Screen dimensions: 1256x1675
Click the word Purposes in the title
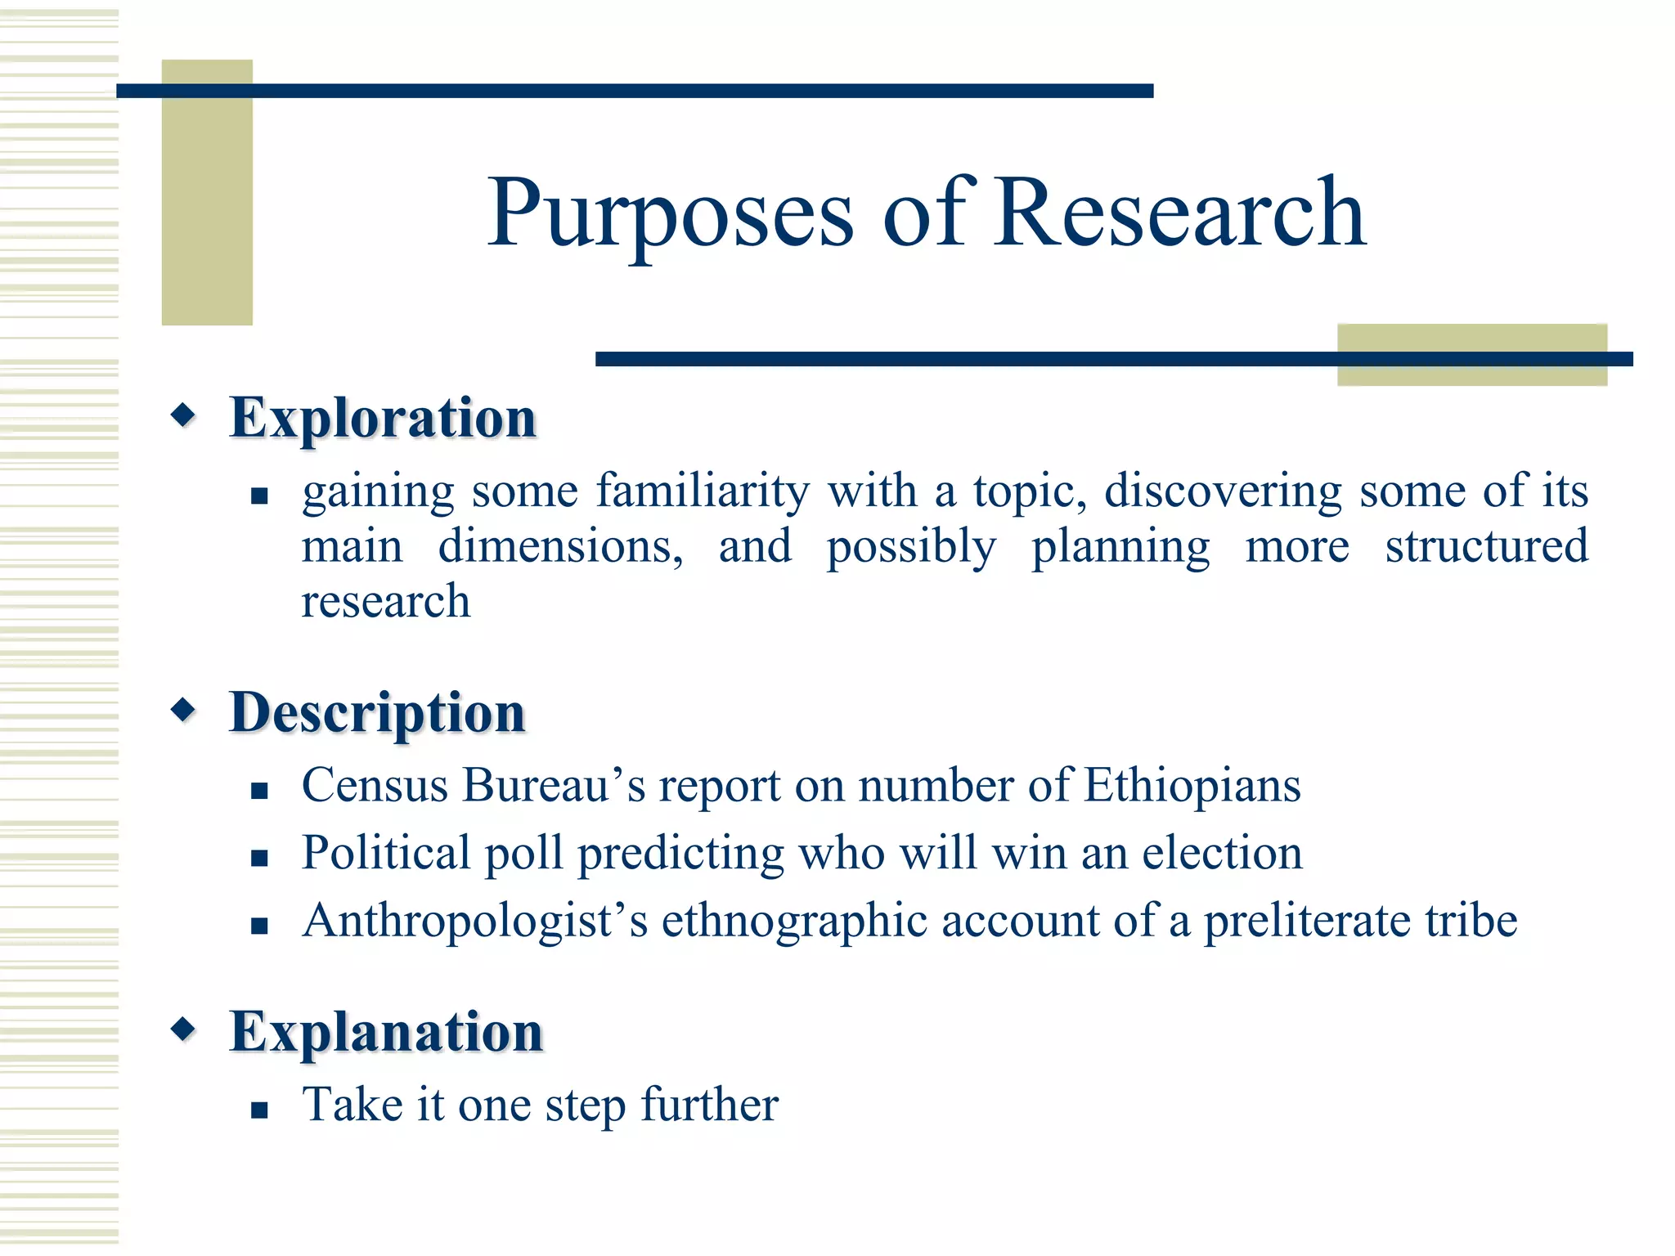[x=671, y=214]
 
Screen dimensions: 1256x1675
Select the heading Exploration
[x=383, y=418]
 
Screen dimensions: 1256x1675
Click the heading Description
[x=377, y=713]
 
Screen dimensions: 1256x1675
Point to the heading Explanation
[x=386, y=1032]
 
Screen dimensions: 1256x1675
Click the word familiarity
[x=702, y=491]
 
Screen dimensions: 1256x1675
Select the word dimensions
[x=560, y=546]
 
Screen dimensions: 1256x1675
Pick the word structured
[x=1486, y=546]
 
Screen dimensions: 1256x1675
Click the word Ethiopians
[x=1192, y=786]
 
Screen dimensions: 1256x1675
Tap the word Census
[x=375, y=786]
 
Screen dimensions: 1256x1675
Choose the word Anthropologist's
[x=474, y=922]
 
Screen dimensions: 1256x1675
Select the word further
[x=709, y=1106]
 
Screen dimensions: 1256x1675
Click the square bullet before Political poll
[x=259, y=858]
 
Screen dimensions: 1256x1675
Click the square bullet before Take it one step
[x=259, y=1110]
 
